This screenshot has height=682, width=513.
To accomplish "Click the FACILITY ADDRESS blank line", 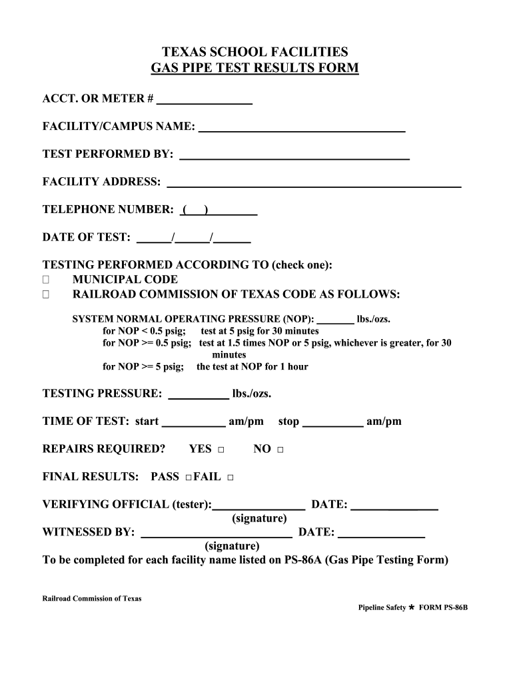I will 313,184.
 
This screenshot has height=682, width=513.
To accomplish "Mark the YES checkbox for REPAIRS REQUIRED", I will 221,450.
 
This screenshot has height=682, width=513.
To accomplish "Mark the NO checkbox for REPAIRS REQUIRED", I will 280,450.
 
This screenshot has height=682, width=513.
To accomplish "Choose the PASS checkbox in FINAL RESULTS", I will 189,478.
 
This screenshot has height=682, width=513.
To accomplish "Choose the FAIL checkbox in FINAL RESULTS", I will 231,478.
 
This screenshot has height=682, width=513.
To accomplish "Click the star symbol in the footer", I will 412,607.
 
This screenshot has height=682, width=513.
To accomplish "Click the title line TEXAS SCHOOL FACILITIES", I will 256,52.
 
